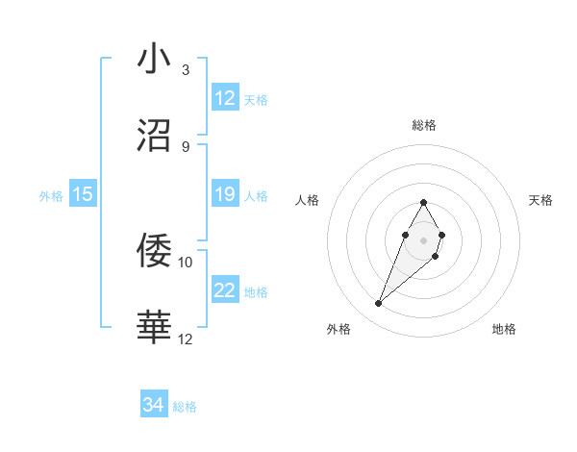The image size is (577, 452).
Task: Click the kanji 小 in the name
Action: (x=155, y=59)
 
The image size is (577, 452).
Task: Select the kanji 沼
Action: (x=155, y=136)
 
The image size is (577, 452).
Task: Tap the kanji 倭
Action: (x=155, y=251)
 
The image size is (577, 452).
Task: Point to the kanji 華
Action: (x=155, y=328)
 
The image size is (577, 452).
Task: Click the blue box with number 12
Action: (x=225, y=98)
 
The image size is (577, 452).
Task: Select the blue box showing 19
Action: (x=225, y=194)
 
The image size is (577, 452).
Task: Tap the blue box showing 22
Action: (x=225, y=290)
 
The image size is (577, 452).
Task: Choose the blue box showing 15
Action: (x=83, y=194)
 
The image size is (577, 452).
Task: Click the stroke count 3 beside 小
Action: (x=186, y=70)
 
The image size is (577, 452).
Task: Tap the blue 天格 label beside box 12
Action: (x=256, y=100)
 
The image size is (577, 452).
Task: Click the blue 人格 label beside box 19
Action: (x=256, y=196)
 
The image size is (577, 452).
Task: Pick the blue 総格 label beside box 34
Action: (x=185, y=408)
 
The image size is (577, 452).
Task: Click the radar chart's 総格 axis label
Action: (x=424, y=125)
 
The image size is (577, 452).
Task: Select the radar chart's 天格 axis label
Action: (x=541, y=200)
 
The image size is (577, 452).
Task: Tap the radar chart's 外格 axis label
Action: (x=339, y=329)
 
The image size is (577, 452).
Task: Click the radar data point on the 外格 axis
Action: (x=379, y=304)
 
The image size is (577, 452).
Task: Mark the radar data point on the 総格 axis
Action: (x=423, y=202)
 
